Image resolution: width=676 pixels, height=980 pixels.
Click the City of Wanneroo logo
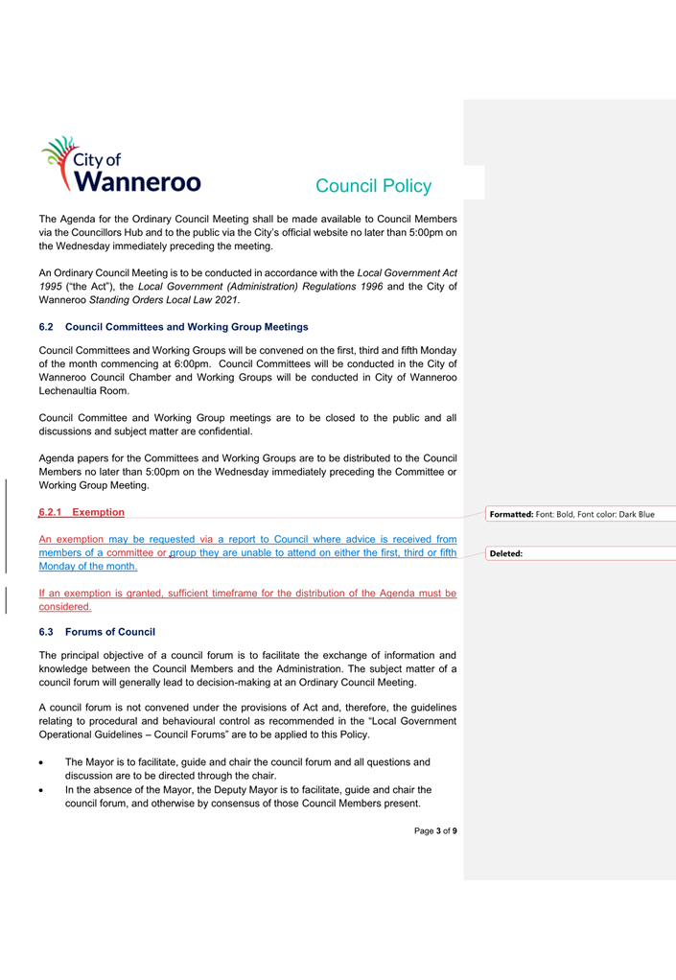click(x=120, y=165)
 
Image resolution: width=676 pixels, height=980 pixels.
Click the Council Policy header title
click(x=373, y=186)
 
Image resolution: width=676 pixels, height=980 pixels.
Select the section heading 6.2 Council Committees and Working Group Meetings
click(x=174, y=327)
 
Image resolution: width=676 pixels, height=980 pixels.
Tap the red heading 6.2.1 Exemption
click(x=82, y=513)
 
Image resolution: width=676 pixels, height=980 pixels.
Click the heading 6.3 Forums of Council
click(x=97, y=632)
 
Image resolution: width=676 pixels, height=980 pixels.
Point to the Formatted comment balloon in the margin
click(x=571, y=514)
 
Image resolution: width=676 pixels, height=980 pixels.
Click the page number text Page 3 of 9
click(x=435, y=830)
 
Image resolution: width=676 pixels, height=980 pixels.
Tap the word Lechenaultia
click(x=73, y=391)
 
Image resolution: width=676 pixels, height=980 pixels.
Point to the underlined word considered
click(x=64, y=607)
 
